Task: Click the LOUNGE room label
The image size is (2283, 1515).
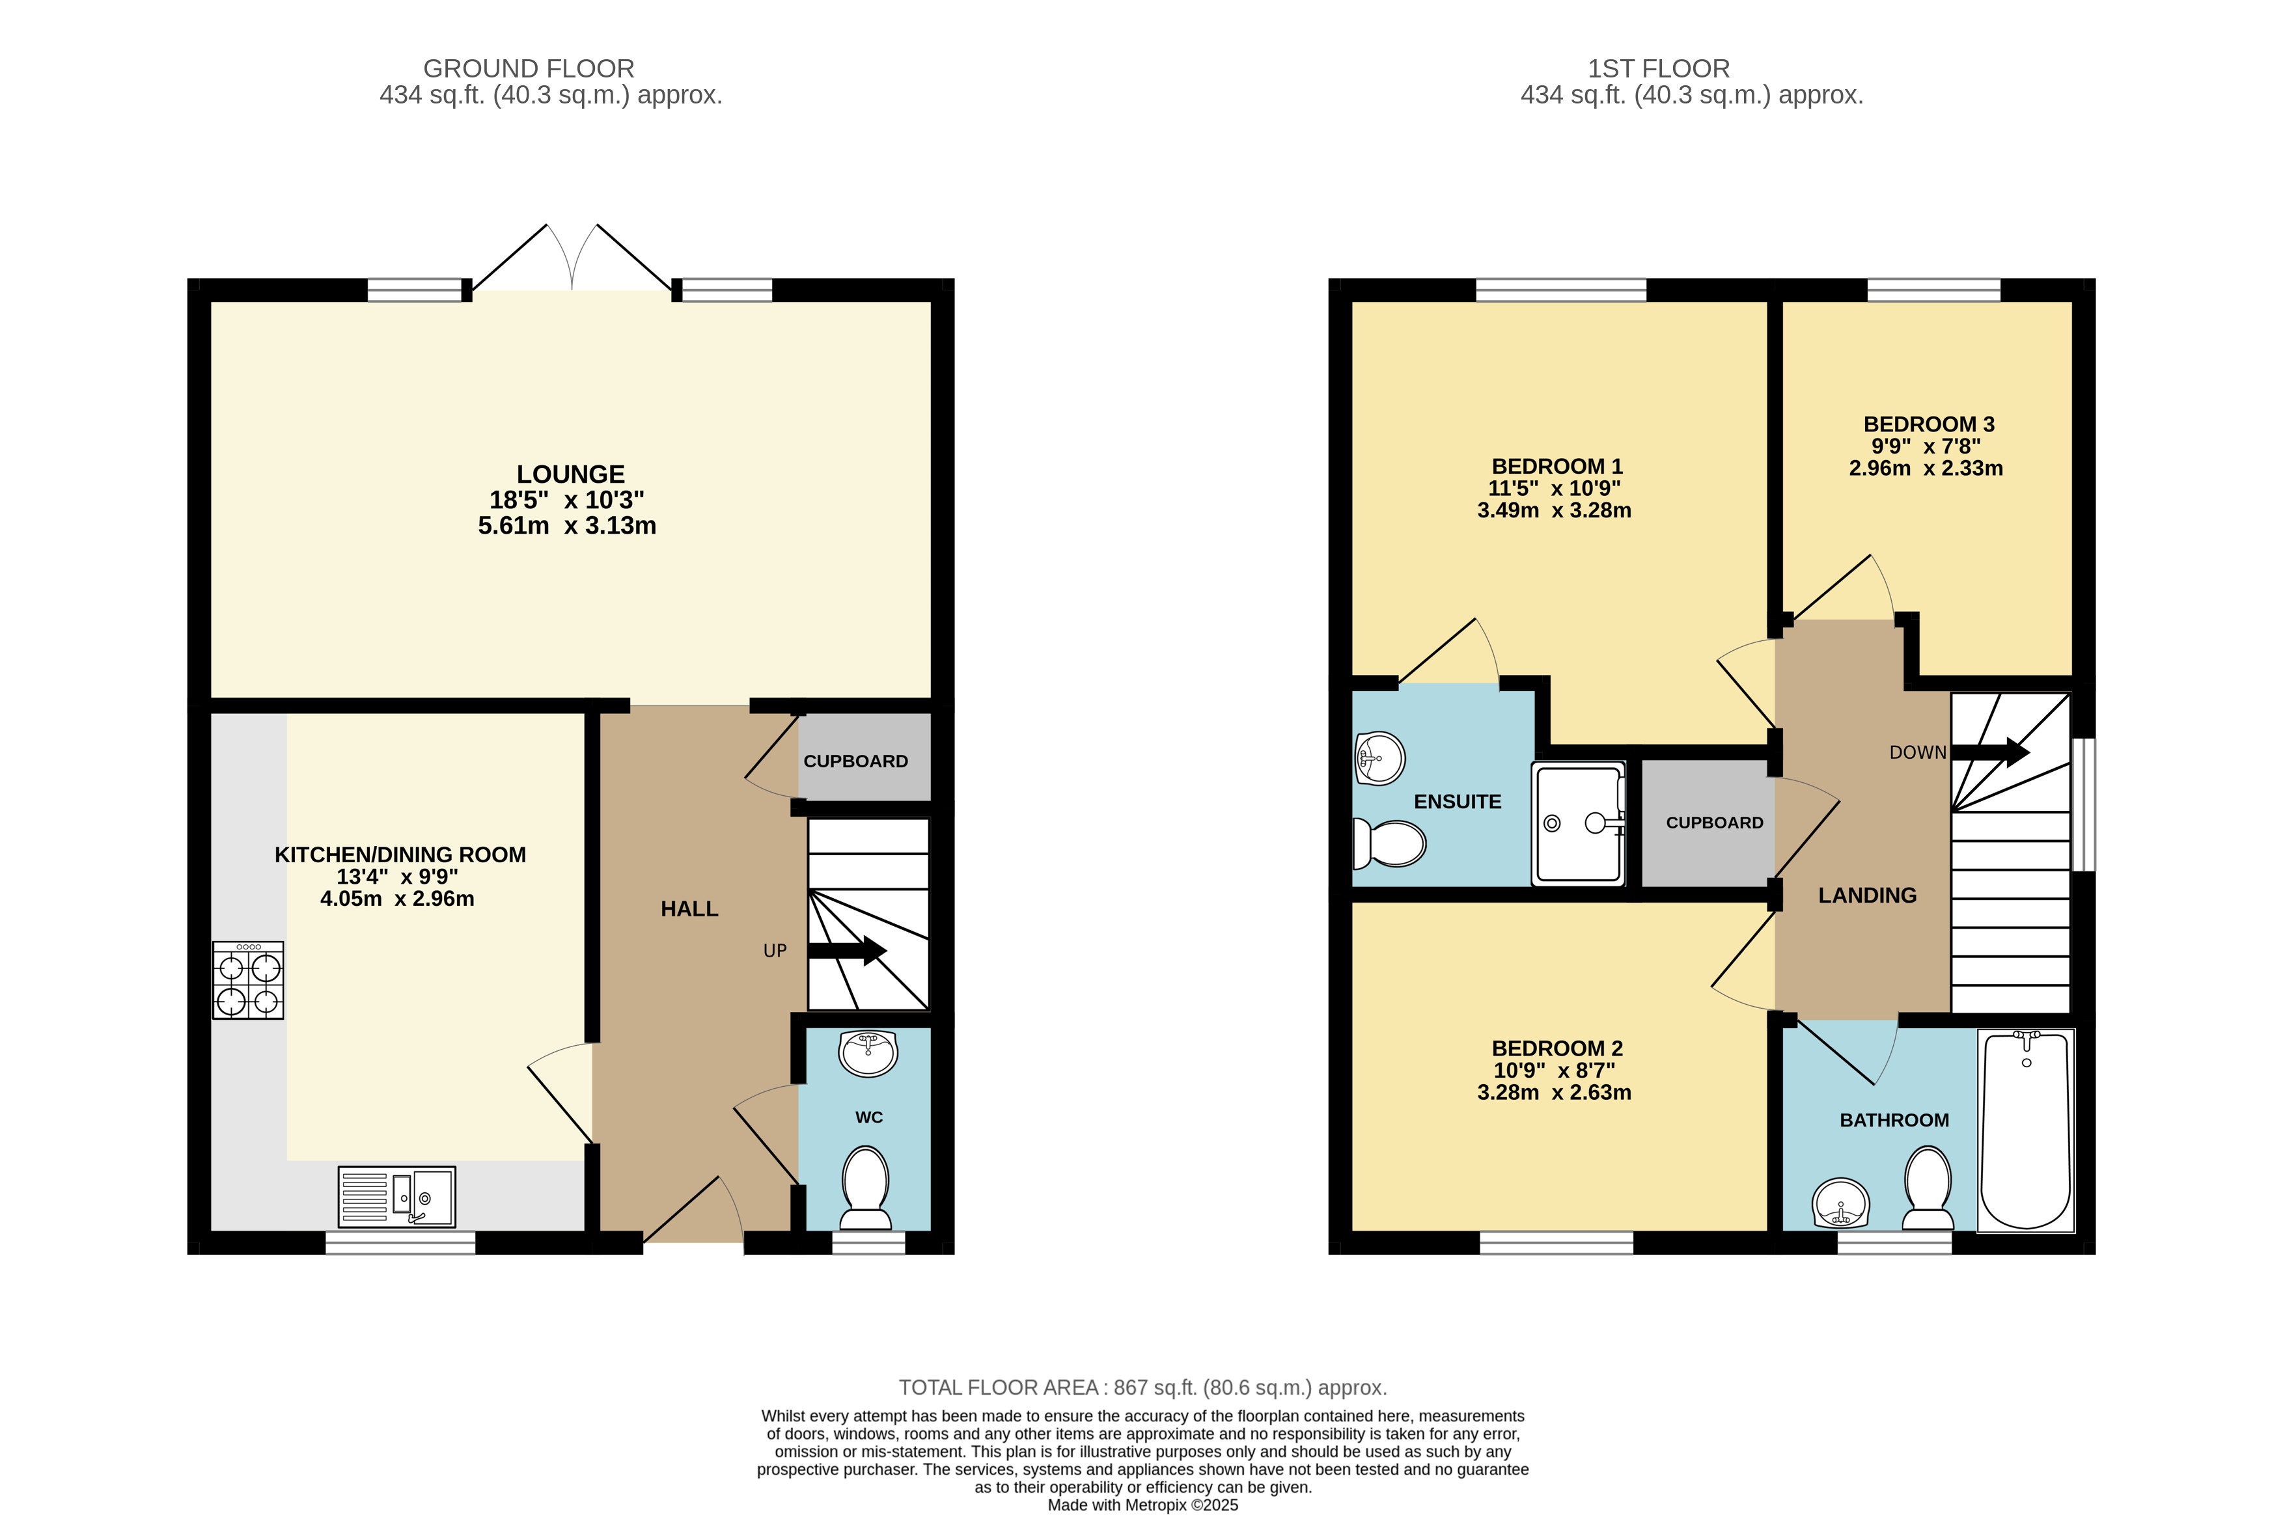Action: tap(570, 474)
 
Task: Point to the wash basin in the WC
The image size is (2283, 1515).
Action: tap(868, 1053)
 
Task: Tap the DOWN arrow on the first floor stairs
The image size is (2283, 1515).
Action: tap(1990, 752)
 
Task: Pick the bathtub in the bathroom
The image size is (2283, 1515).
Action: tap(2026, 1130)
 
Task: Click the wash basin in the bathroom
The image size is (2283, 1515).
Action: tap(1841, 1203)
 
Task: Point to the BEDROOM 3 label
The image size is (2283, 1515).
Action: tap(1928, 424)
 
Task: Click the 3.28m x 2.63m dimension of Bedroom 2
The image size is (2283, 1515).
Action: tap(1554, 1093)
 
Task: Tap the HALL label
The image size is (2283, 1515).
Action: tap(689, 909)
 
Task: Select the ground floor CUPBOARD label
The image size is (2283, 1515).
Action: tap(855, 761)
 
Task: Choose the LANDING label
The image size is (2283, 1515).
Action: tap(1868, 895)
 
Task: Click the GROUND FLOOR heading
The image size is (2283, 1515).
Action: tap(529, 68)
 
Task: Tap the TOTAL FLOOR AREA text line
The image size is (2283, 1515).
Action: tap(1142, 1387)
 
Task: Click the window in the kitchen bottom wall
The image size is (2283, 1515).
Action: tap(400, 1242)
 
